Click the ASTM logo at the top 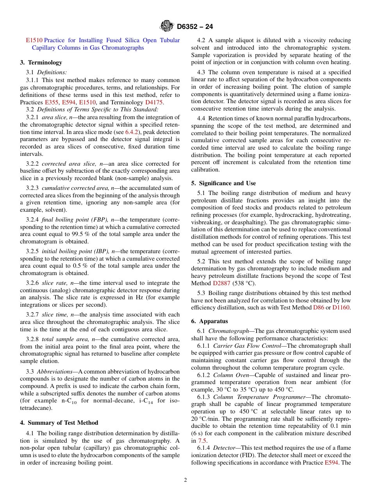(167, 26)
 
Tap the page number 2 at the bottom (185, 480)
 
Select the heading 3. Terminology (41, 63)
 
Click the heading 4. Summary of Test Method (59, 423)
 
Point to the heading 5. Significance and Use (223, 183)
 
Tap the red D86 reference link (318, 307)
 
